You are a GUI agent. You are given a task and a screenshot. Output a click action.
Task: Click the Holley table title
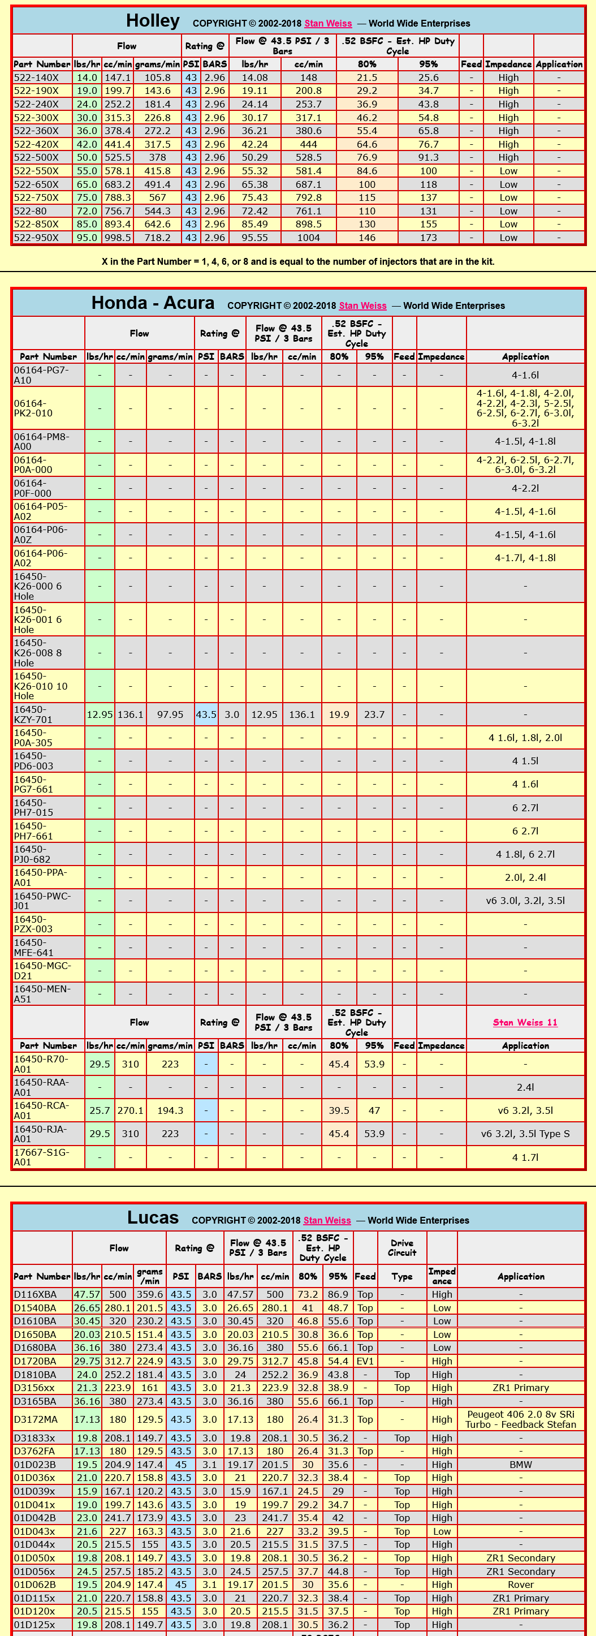coord(152,21)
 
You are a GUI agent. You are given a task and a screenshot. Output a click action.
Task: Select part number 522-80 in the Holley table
coord(31,211)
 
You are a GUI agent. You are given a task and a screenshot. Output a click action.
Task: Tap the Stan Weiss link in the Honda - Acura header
coord(362,305)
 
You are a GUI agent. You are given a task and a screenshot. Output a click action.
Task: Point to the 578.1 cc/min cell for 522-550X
coord(118,171)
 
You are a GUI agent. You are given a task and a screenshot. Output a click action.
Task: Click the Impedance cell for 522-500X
coord(508,157)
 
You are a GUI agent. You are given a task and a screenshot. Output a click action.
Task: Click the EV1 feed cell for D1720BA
coord(365,1361)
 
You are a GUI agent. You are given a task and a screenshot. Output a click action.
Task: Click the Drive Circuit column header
coord(402,1248)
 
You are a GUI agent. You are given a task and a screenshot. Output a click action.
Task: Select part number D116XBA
coord(36,1294)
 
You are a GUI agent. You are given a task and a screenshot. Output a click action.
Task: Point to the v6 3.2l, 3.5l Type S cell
coord(525,1134)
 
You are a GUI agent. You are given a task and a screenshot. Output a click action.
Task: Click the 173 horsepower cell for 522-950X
coord(429,238)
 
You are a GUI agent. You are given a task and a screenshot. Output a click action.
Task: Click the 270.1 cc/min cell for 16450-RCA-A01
coord(130,1111)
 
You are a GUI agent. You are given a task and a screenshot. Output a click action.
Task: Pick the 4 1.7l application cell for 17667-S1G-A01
coord(525,1157)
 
